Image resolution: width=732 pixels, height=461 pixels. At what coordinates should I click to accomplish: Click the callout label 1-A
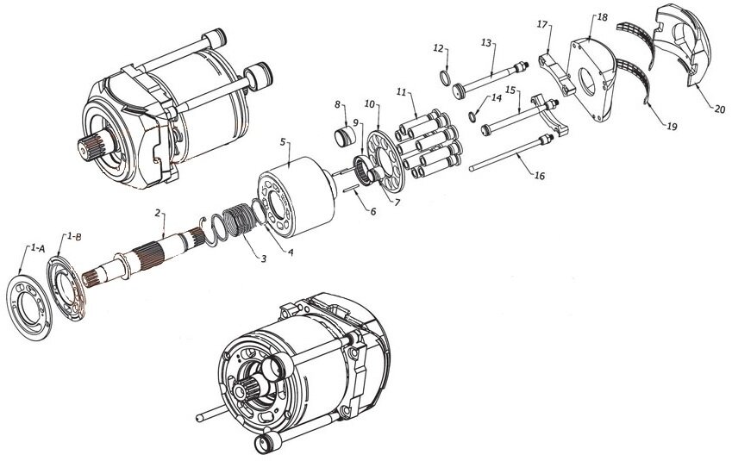click(x=38, y=249)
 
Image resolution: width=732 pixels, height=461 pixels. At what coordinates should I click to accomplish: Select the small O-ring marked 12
click(x=446, y=78)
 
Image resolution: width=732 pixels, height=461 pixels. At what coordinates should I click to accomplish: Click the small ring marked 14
click(x=472, y=116)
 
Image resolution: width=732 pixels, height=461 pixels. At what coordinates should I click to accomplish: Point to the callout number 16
click(x=539, y=176)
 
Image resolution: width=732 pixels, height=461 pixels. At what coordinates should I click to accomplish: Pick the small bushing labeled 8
click(x=345, y=134)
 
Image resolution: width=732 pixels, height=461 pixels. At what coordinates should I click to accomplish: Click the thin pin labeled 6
click(x=350, y=189)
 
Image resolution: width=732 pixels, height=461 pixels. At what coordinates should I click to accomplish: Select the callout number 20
click(x=720, y=109)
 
